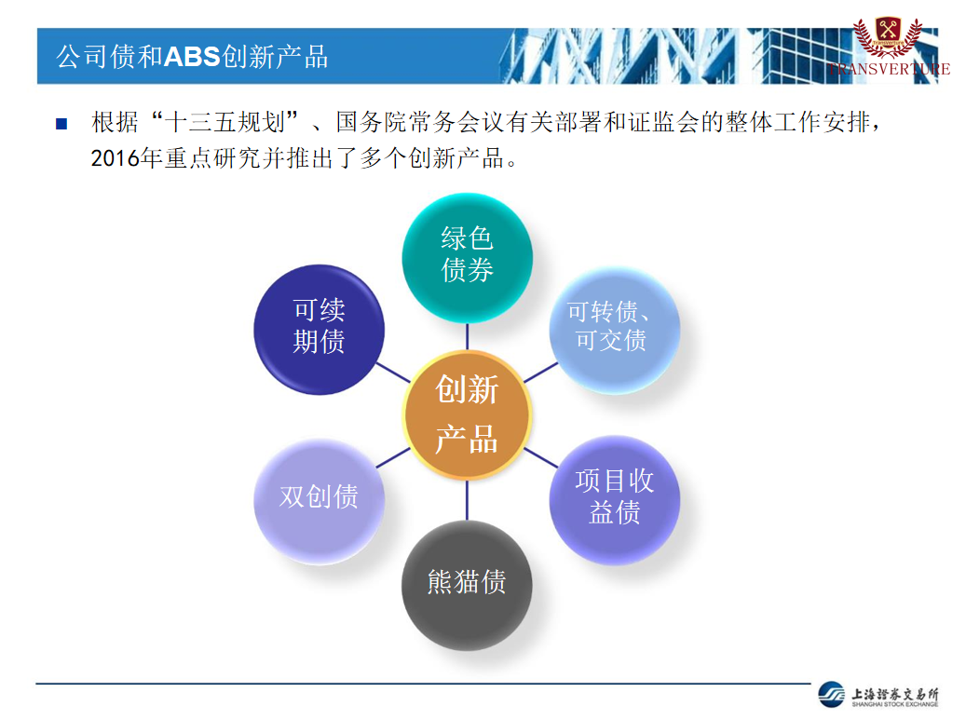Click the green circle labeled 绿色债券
pyautogui.click(x=467, y=258)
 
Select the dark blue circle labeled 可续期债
pyautogui.click(x=320, y=330)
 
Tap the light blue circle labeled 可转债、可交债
pyautogui.click(x=615, y=330)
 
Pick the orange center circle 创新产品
pyautogui.click(x=467, y=414)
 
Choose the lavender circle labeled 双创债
pyautogui.click(x=320, y=500)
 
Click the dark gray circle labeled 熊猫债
pyautogui.click(x=467, y=585)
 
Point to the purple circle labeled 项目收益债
pyautogui.click(x=615, y=500)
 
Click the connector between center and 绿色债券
pyautogui.click(x=467, y=336)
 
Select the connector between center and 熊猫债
pyautogui.click(x=467, y=499)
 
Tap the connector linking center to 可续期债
pyautogui.click(x=393, y=373)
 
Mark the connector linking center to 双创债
pyautogui.click(x=393, y=457)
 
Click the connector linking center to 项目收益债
pyautogui.click(x=541, y=457)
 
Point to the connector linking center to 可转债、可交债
pyautogui.click(x=541, y=373)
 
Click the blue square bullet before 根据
pyautogui.click(x=61, y=124)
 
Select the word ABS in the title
pyautogui.click(x=192, y=57)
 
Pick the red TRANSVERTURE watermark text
pyautogui.click(x=889, y=69)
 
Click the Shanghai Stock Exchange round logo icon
pyautogui.click(x=832, y=695)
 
